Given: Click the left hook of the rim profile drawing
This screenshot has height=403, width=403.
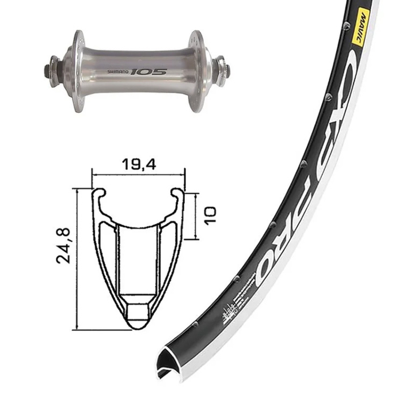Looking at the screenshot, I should (98, 195).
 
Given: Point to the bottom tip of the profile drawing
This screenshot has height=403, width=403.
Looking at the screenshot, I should (138, 327).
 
